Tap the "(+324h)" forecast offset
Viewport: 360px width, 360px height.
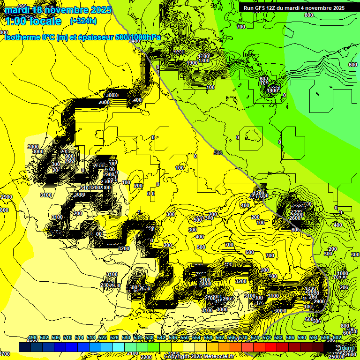tap(83, 21)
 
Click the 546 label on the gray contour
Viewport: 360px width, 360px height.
tap(217, 152)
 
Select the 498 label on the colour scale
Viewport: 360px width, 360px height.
tap(32, 338)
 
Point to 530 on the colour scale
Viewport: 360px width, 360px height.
tap(126, 338)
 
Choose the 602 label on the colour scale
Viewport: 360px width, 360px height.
tap(337, 338)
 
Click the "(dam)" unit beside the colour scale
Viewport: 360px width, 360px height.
tap(347, 347)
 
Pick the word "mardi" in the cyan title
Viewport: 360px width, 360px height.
tap(18, 9)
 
